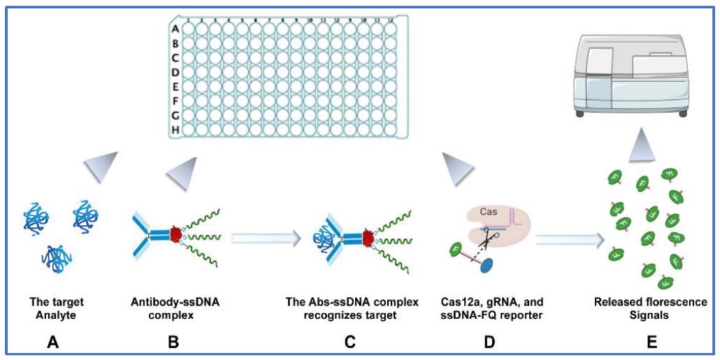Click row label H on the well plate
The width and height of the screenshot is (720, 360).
tap(175, 129)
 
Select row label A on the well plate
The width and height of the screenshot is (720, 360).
tap(175, 29)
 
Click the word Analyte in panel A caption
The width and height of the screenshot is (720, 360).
tap(57, 315)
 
